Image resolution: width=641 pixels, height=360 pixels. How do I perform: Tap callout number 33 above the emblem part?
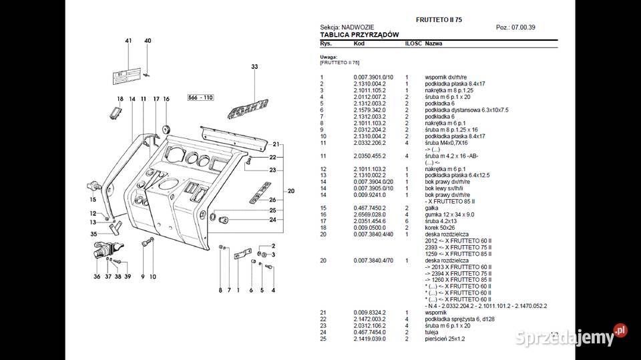[254, 67]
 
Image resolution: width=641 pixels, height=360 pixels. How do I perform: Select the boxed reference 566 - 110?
[200, 98]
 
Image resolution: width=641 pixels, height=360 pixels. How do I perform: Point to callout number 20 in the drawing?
[291, 191]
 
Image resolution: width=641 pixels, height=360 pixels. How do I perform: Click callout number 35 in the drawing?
[93, 234]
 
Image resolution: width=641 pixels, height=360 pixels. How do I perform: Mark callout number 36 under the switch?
[97, 277]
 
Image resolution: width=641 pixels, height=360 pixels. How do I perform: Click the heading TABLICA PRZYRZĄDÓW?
[359, 34]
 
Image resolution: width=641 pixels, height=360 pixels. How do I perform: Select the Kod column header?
[359, 43]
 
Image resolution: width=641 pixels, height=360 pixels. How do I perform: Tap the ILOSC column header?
[412, 43]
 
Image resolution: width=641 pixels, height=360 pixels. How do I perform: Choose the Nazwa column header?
[434, 43]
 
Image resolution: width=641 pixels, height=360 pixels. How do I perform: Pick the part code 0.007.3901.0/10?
[373, 77]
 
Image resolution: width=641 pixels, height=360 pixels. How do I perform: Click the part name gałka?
[432, 208]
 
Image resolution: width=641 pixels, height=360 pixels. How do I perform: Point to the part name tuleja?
[432, 333]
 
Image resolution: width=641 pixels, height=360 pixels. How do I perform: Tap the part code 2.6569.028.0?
[369, 214]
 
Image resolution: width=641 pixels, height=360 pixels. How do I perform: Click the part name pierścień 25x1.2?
[445, 339]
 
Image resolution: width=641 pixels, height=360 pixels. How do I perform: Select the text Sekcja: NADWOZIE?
[347, 27]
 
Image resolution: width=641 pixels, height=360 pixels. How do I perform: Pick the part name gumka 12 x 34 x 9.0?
[449, 214]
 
